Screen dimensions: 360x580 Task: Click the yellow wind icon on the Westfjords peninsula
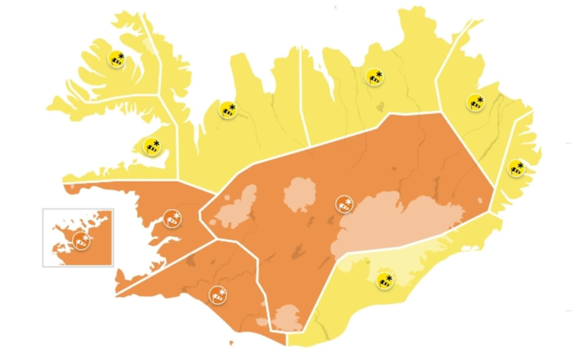[116, 58]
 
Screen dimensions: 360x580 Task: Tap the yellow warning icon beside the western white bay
[152, 146]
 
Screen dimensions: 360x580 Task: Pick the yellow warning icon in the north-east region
[375, 77]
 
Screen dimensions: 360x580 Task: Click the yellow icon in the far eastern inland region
[475, 102]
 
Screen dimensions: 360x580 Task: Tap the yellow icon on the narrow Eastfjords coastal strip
[516, 168]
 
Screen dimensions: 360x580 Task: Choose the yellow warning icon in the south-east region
[384, 280]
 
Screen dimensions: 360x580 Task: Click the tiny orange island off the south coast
[231, 344]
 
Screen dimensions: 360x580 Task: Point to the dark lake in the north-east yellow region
[379, 106]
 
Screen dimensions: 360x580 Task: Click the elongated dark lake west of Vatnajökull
[298, 251]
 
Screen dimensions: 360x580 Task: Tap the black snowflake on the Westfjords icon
[121, 55]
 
